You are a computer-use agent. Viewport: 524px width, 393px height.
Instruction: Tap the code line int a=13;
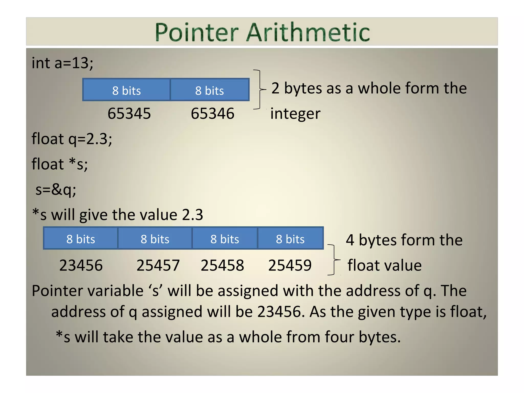62,63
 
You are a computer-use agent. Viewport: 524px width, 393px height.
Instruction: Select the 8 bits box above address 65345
126,90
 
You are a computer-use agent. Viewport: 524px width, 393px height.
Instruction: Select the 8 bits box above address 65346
210,90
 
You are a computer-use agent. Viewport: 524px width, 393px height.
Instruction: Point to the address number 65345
129,113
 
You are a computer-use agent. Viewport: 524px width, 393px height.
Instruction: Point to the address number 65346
212,113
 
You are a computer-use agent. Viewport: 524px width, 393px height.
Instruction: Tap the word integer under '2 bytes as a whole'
295,114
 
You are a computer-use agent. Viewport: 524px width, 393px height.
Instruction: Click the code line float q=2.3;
72,139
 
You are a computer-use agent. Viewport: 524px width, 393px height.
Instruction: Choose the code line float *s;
60,164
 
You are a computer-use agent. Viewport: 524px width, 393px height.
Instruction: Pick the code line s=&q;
56,190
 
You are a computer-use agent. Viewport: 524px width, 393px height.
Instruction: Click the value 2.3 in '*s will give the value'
192,215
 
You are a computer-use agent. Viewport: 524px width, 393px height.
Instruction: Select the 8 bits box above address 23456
81,239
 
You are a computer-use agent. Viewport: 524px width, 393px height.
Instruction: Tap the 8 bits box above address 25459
290,239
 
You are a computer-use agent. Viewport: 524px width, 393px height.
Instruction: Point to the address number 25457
158,265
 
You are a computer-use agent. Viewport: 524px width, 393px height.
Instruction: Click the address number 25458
222,265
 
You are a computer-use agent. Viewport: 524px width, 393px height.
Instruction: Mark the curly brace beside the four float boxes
333,260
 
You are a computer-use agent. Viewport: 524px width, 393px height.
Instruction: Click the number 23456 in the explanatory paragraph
279,312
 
